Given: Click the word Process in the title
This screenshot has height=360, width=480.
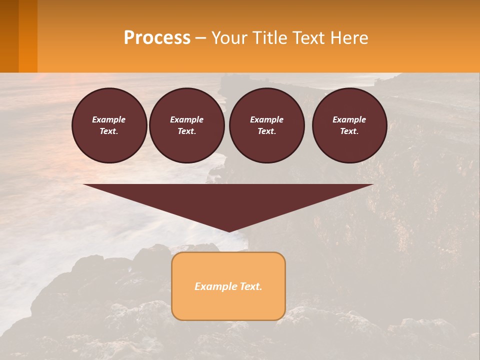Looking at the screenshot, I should [157, 38].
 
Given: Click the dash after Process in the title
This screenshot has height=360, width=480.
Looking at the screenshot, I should [200, 38].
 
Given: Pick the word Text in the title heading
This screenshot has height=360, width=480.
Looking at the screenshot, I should [310, 38].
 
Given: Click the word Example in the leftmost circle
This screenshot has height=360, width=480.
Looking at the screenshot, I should [109, 119].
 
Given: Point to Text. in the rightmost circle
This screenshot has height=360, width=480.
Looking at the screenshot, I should [349, 131].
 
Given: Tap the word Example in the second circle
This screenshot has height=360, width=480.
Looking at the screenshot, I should [187, 119].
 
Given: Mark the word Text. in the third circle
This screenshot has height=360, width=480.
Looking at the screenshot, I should [267, 131].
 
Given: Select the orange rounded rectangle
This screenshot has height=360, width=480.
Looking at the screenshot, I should [228, 305].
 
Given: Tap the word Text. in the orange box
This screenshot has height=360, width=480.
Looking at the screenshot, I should [251, 286].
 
